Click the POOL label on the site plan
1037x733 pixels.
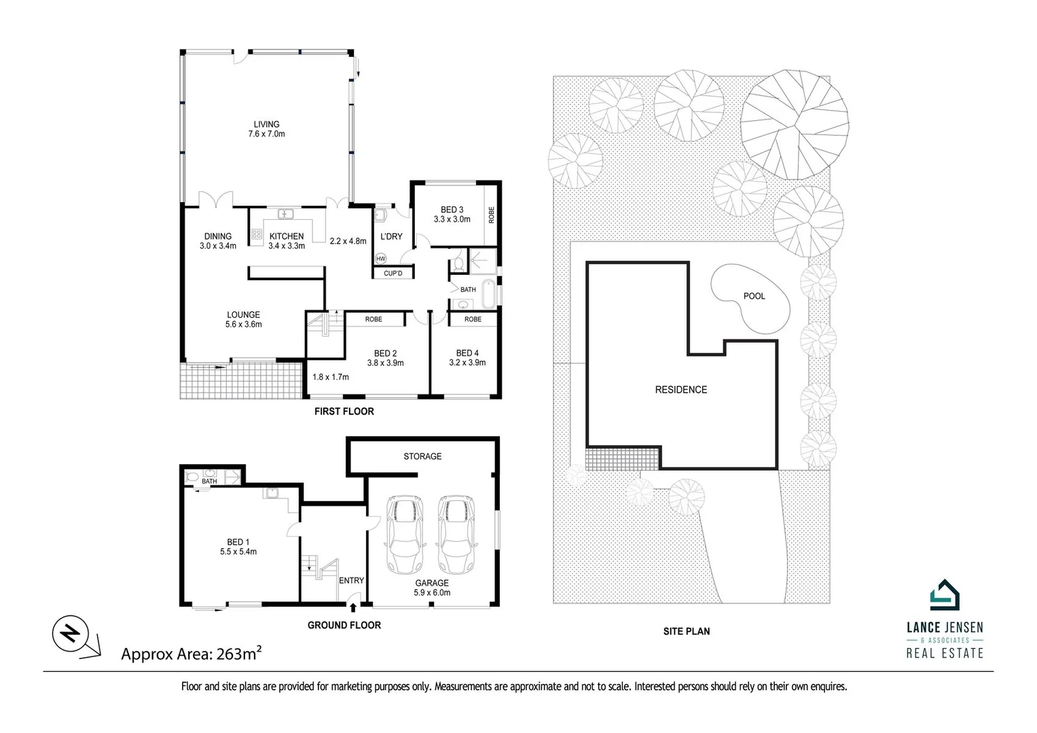pyautogui.click(x=754, y=296)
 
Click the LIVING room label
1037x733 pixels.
pyautogui.click(x=266, y=129)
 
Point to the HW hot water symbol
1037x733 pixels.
pyautogui.click(x=380, y=259)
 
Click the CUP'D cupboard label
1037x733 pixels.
pyautogui.click(x=393, y=274)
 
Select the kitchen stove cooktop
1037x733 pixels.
pyautogui.click(x=257, y=235)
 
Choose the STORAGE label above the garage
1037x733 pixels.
pyautogui.click(x=422, y=456)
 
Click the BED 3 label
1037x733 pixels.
pyautogui.click(x=452, y=214)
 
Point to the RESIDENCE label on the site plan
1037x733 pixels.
pyautogui.click(x=680, y=390)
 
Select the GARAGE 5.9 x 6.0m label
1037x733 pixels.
pyautogui.click(x=432, y=588)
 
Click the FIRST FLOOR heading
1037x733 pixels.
pyautogui.click(x=344, y=411)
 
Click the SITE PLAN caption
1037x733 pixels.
pyautogui.click(x=687, y=631)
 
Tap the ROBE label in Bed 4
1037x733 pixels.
pyautogui.click(x=473, y=319)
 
